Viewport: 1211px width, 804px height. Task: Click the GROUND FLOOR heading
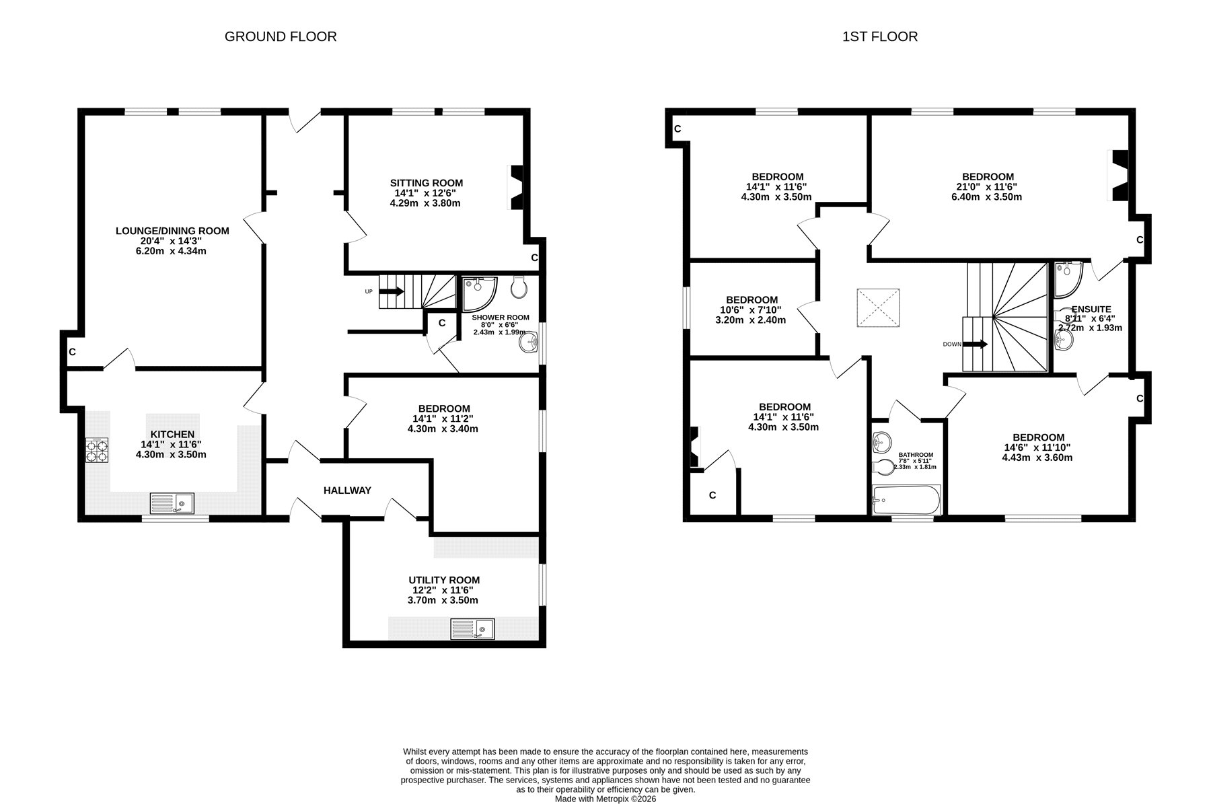281,36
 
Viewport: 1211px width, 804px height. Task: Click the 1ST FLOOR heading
880,36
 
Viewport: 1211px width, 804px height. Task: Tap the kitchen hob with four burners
96,450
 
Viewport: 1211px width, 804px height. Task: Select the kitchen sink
172,503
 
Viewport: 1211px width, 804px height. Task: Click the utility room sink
473,629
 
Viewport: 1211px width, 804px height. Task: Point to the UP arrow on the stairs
392,291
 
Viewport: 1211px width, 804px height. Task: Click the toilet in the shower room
519,287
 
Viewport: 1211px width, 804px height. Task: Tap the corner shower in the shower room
478,293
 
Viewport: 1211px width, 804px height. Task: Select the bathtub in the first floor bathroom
906,500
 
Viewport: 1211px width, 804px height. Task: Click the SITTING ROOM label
427,183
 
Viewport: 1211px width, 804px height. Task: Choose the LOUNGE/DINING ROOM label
172,231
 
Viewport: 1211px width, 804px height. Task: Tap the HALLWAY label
347,490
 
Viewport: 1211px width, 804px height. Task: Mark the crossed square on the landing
878,308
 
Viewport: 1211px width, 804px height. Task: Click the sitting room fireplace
515,188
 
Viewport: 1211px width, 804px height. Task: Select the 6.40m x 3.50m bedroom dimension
988,197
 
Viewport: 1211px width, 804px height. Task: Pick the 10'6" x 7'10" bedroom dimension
752,310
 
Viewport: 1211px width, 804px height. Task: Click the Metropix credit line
605,799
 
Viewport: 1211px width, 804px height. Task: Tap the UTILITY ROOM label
444,580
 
